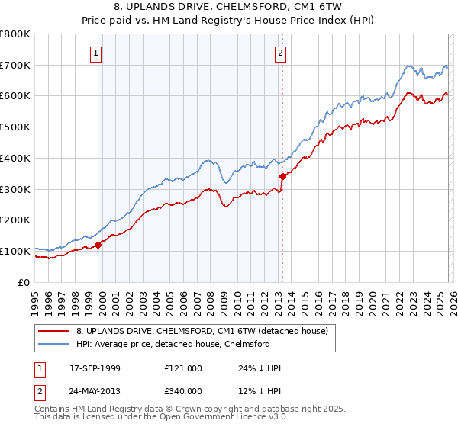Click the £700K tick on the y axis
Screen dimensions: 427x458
tap(15, 66)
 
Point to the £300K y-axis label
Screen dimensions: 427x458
tap(15, 189)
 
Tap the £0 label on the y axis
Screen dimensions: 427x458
tap(24, 282)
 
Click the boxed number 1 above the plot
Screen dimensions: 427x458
tap(96, 53)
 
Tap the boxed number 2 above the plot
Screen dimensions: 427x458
tap(280, 53)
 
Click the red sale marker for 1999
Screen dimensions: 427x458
tap(98, 245)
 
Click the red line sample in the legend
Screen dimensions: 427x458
tap(53, 331)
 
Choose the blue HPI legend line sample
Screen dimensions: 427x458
tap(53, 344)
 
